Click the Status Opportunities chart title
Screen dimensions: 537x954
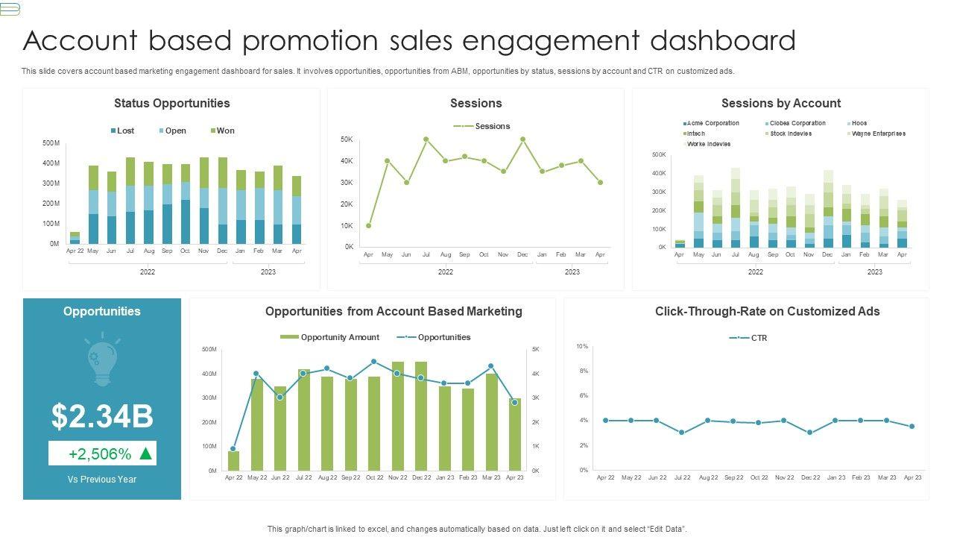(x=171, y=104)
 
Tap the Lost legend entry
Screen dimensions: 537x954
(x=122, y=131)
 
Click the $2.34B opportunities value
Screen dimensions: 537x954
(x=102, y=416)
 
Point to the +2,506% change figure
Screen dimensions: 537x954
(x=100, y=453)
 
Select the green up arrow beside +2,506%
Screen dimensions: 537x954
(x=146, y=453)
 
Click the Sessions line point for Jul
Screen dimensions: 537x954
(x=426, y=139)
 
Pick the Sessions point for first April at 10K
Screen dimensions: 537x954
(x=368, y=225)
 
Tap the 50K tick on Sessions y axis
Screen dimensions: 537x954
(x=347, y=139)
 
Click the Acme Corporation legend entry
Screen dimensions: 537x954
(x=712, y=123)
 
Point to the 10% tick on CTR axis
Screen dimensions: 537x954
(x=582, y=346)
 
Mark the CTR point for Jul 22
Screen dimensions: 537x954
(x=681, y=433)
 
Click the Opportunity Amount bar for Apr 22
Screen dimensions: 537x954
(x=233, y=460)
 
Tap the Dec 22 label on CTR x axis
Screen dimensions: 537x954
(x=810, y=477)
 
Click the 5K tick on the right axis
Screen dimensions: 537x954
(x=536, y=349)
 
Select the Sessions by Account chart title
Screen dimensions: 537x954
(x=780, y=104)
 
